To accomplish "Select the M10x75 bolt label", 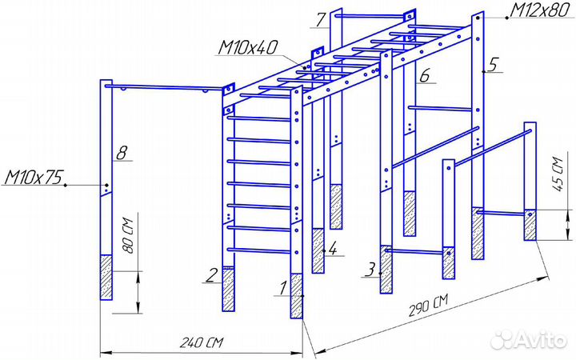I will (34, 177).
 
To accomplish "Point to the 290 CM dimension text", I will (428, 304).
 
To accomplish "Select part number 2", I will (211, 275).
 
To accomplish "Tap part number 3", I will (370, 269).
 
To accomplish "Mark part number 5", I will (494, 65).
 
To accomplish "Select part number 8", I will (121, 151).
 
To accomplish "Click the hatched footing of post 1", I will (297, 297).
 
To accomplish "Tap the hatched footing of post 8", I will (106, 277).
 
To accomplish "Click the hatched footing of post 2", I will (229, 289).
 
